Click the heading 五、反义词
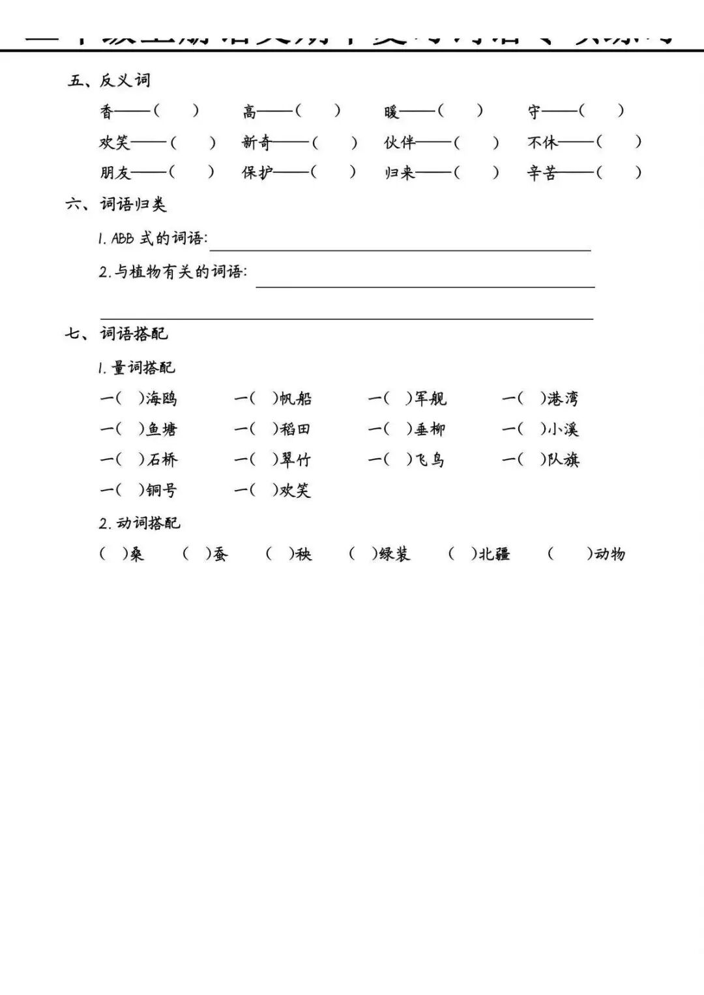tap(109, 80)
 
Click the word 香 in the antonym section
tap(107, 111)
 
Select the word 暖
tap(391, 111)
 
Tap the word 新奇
tap(256, 142)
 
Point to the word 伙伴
tap(399, 142)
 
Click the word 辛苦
tap(542, 173)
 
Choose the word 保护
tap(257, 173)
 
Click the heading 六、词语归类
tap(116, 204)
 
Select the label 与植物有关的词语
tap(179, 272)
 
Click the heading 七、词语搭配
tap(116, 334)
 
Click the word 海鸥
tap(161, 398)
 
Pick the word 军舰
tap(430, 398)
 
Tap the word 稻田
tap(295, 429)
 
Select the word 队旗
tap(563, 459)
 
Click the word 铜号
tap(161, 490)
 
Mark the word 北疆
tap(494, 554)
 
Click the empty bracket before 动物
tap(570, 554)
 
